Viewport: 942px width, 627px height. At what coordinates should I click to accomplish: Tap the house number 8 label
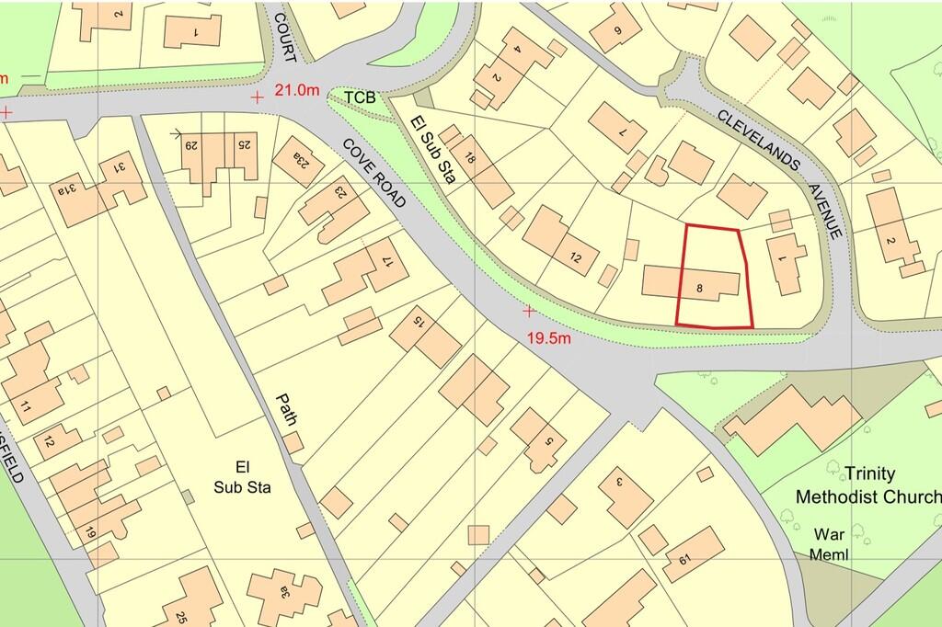700,289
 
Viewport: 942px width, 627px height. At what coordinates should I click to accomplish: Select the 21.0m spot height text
299,90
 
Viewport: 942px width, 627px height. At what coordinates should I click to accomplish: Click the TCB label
361,97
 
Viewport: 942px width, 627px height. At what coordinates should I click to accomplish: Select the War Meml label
829,543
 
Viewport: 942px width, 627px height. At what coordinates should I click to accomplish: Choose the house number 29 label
193,144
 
